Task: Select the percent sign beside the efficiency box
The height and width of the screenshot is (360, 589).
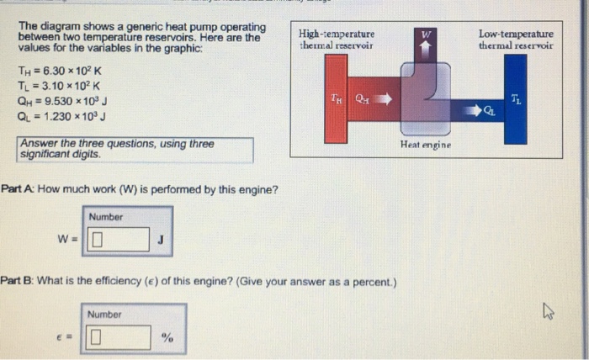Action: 167,338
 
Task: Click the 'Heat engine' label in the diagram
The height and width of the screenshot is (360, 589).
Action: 426,146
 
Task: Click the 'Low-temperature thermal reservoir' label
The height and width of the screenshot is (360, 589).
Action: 516,40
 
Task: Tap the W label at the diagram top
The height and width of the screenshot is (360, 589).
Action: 427,34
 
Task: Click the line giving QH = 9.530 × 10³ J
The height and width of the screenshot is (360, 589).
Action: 62,100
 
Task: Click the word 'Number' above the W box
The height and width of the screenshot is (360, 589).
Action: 106,217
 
